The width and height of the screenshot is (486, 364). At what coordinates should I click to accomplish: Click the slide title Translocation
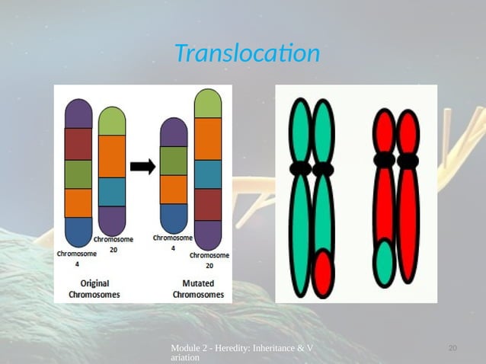point(246,54)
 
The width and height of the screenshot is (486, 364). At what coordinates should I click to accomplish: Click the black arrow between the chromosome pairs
point(142,166)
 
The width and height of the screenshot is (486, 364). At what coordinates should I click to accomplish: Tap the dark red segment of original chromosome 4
point(78,144)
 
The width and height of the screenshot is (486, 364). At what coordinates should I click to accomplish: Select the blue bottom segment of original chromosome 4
point(78,231)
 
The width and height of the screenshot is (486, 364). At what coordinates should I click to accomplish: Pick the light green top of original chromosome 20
point(112,121)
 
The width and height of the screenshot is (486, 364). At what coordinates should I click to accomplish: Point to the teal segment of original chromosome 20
point(112,191)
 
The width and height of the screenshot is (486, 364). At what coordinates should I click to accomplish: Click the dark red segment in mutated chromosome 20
point(208,204)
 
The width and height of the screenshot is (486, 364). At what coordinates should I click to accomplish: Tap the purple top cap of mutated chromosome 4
point(174,132)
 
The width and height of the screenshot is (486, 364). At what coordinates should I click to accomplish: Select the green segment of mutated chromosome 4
point(174,161)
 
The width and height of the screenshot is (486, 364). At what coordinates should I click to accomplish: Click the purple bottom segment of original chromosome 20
point(112,219)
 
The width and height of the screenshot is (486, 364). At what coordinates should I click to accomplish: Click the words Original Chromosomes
point(94,289)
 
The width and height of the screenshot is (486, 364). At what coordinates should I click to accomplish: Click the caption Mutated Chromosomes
point(197,289)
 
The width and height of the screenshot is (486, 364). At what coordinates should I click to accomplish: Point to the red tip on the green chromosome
point(324,270)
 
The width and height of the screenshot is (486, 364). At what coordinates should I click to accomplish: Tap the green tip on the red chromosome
point(385,262)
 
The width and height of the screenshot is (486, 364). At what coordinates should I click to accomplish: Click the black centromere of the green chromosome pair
point(312,168)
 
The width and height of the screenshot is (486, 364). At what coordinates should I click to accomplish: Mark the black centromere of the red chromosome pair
point(396,161)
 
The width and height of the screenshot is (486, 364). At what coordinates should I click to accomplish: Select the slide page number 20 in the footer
point(452,348)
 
